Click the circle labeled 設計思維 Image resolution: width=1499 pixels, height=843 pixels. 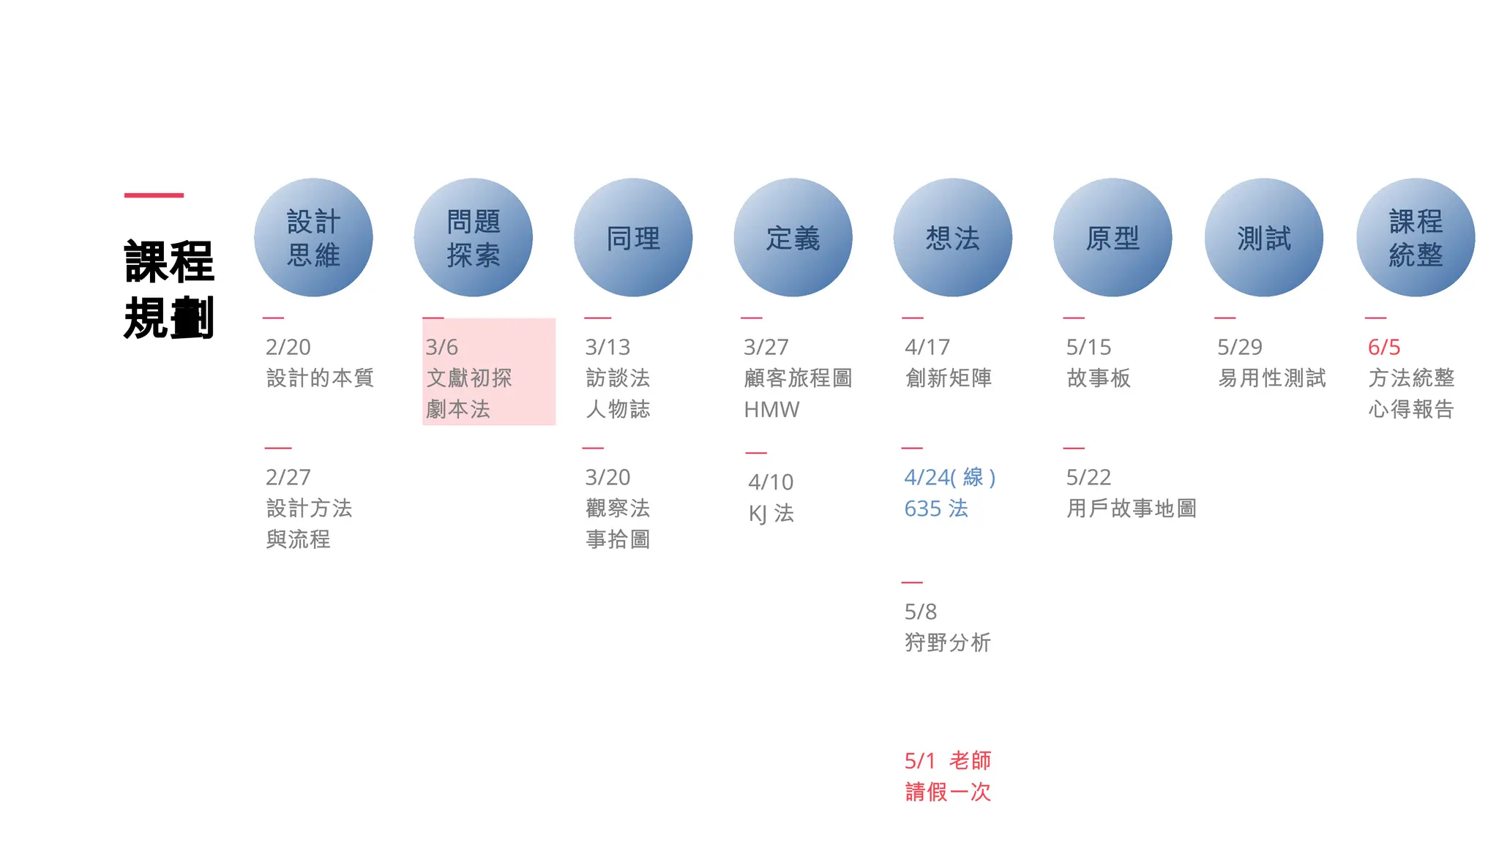(313, 238)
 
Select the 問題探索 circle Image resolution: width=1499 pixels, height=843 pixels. (473, 238)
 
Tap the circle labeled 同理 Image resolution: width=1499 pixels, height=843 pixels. (633, 238)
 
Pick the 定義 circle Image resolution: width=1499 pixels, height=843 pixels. (793, 238)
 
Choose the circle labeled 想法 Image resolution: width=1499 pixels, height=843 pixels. (952, 238)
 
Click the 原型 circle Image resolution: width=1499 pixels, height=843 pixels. (1113, 238)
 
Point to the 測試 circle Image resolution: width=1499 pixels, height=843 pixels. (1264, 238)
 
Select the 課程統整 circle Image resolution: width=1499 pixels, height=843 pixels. (1416, 238)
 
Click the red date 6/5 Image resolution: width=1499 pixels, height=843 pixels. (1384, 347)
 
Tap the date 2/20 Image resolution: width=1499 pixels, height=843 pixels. (288, 347)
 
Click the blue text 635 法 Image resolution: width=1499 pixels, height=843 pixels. (936, 509)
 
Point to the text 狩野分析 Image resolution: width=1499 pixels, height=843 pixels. (948, 642)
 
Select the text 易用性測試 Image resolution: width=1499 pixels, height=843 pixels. (1272, 378)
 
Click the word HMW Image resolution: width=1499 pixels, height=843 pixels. (771, 410)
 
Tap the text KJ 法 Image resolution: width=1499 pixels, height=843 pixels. (771, 513)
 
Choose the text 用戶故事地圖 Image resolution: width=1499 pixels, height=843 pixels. (1132, 509)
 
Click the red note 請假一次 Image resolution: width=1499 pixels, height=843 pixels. (948, 792)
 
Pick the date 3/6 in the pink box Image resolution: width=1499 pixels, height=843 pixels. (441, 347)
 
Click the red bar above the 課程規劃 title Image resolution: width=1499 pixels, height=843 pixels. (154, 195)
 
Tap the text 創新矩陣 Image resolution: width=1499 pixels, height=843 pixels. (949, 378)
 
